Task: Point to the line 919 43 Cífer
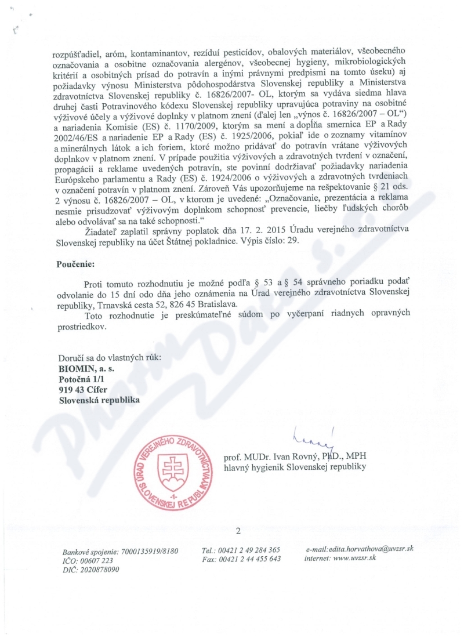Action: (x=84, y=389)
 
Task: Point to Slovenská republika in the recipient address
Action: (x=99, y=400)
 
